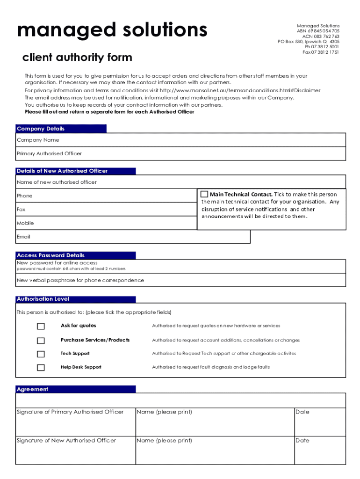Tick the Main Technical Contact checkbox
(x=204, y=194)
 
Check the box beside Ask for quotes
(x=41, y=326)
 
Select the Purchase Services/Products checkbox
(x=41, y=341)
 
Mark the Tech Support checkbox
(x=41, y=354)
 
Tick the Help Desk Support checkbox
(x=41, y=368)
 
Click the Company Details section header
(x=41, y=129)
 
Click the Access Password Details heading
(x=50, y=255)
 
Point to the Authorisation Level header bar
(x=43, y=299)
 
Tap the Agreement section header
(x=32, y=389)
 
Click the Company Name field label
(x=38, y=140)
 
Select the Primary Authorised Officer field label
(x=49, y=153)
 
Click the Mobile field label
(x=25, y=223)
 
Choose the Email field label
(x=23, y=237)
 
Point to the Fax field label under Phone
(x=21, y=210)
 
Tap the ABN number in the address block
(x=318, y=31)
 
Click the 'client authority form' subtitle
(x=77, y=58)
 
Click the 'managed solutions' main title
(x=112, y=30)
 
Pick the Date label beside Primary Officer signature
(x=302, y=412)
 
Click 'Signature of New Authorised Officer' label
(x=66, y=441)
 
